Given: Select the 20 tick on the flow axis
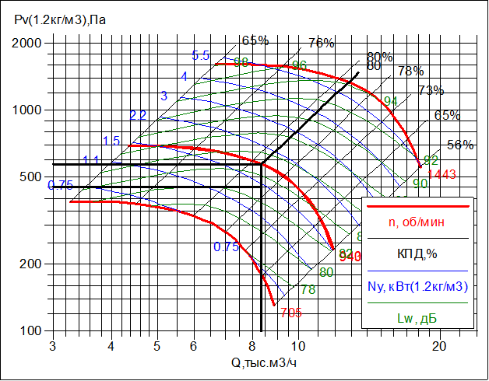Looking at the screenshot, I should pyautogui.click(x=439, y=345).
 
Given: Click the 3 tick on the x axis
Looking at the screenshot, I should pyautogui.click(x=52, y=345).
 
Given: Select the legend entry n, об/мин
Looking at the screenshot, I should pyautogui.click(x=417, y=222).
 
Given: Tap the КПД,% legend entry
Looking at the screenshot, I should pyautogui.click(x=417, y=253).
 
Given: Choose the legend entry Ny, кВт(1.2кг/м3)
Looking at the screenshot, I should pyautogui.click(x=417, y=286).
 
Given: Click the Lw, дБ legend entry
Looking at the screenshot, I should pyautogui.click(x=417, y=318).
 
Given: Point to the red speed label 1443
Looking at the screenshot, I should pyautogui.click(x=441, y=173).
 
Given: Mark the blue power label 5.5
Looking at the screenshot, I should pyautogui.click(x=201, y=55).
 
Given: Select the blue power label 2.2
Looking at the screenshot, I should pyautogui.click(x=138, y=115).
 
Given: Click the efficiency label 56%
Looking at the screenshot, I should pyautogui.click(x=460, y=145).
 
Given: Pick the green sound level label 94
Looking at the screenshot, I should pyautogui.click(x=391, y=102).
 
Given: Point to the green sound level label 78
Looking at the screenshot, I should pyautogui.click(x=308, y=289).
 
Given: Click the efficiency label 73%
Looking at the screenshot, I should pyautogui.click(x=431, y=90).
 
